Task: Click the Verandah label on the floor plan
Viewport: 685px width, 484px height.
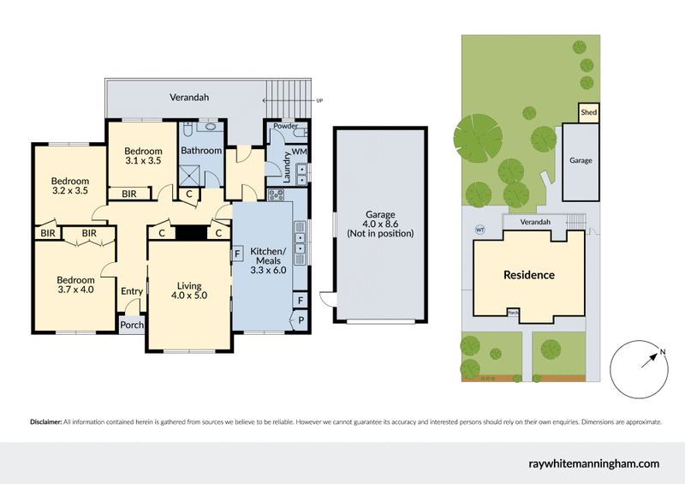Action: click(188, 98)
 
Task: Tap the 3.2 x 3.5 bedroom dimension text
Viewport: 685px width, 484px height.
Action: click(69, 192)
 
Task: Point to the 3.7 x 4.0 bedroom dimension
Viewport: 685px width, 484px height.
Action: click(75, 290)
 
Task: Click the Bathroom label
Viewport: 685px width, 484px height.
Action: click(201, 151)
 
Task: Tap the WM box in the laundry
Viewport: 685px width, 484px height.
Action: click(299, 152)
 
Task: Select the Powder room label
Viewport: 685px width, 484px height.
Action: click(284, 126)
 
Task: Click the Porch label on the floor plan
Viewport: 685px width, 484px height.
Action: click(132, 326)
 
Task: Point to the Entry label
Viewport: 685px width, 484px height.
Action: click(132, 292)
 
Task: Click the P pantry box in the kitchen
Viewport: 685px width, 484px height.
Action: click(301, 321)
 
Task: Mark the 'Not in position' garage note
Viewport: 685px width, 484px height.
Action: click(380, 233)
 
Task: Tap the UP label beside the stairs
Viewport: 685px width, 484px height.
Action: click(319, 100)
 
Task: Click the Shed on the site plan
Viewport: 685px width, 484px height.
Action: click(588, 112)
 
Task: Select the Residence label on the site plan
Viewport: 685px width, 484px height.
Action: click(528, 275)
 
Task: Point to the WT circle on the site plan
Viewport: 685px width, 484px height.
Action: click(479, 229)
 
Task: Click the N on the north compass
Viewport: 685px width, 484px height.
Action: click(662, 351)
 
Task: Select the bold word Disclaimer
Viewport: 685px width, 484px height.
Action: click(45, 422)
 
